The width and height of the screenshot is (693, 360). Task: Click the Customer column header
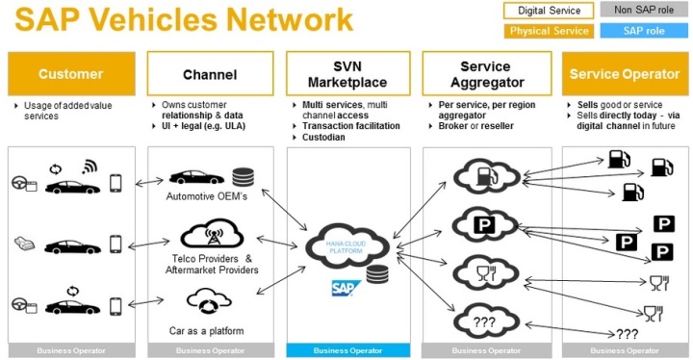point(71,74)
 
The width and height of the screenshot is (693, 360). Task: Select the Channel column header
point(210,74)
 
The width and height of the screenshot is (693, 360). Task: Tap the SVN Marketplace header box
point(348,74)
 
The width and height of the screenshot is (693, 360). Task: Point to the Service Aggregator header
point(485,74)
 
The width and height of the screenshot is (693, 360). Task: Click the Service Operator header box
point(625,74)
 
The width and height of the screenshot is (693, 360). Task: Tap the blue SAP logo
point(344,288)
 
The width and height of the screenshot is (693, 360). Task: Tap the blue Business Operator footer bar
point(348,351)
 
